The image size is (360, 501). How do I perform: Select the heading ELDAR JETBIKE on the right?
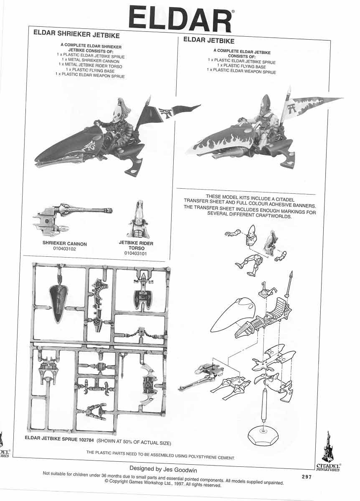209,41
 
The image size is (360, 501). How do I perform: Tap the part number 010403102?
65,249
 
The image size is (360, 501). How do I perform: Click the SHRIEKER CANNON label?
65,243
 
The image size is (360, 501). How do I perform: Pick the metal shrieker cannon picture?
71,215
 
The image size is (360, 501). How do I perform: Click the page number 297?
307,477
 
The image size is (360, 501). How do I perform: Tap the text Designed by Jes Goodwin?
162,469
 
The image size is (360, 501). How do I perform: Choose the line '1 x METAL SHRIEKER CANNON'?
91,61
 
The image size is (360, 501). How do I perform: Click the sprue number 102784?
86,438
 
